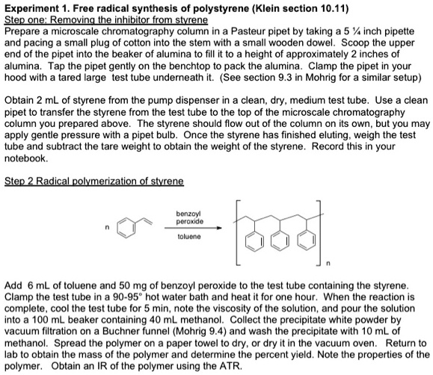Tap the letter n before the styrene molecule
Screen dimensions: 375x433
[x=109, y=226]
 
